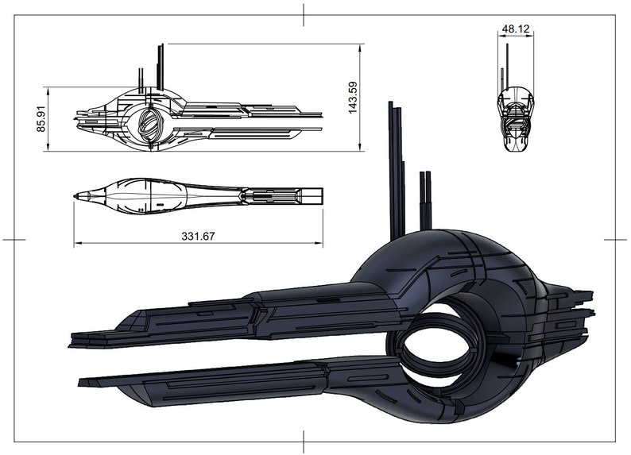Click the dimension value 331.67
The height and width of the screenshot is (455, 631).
tap(198, 236)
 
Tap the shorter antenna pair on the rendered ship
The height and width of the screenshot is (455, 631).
tap(425, 199)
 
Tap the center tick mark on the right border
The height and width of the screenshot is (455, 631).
tap(615, 238)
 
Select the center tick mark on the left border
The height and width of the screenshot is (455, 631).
tap(14, 238)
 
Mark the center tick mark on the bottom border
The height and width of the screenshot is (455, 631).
tap(304, 441)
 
